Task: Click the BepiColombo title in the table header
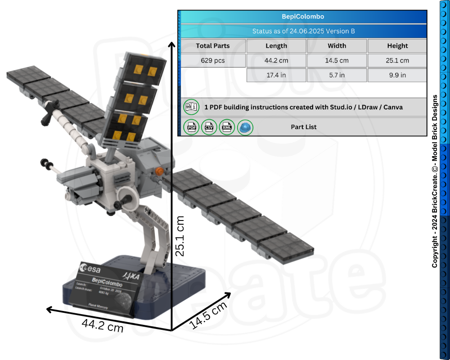[303, 17]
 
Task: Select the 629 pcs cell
[213, 60]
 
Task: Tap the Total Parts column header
[213, 45]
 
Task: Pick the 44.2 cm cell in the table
[276, 60]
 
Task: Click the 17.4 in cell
[276, 75]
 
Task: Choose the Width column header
[337, 45]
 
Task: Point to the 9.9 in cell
[397, 75]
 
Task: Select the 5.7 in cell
[337, 75]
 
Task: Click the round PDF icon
[191, 127]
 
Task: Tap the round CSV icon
[209, 127]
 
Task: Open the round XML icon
[227, 127]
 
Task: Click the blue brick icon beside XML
[245, 127]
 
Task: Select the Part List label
[304, 127]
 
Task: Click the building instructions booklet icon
[191, 108]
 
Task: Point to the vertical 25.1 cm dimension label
[180, 236]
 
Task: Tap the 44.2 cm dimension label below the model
[103, 325]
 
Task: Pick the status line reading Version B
[303, 31]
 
